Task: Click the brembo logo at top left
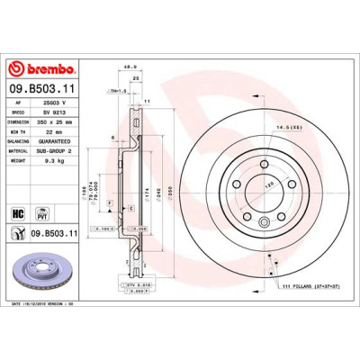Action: tap(41, 68)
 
